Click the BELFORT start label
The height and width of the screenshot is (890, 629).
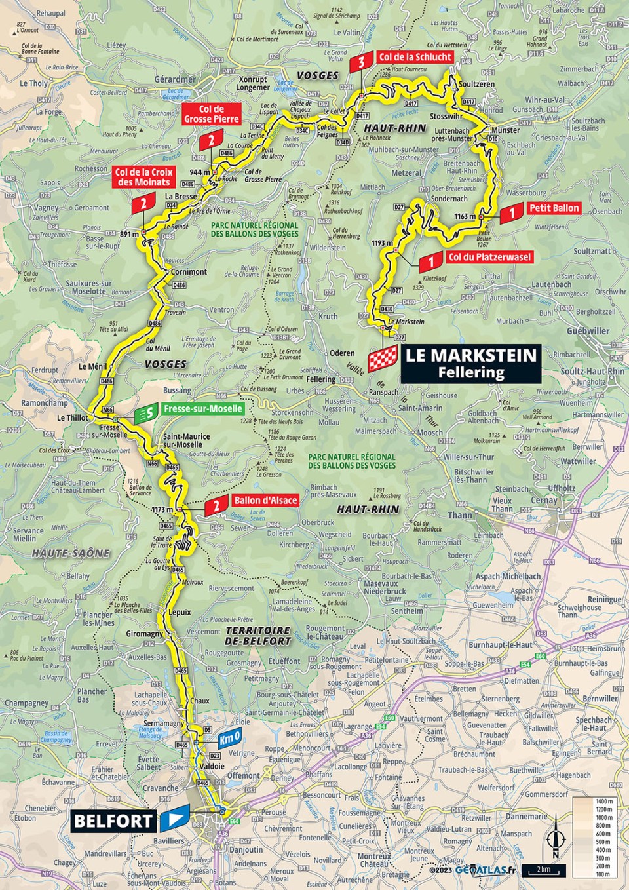(x=113, y=821)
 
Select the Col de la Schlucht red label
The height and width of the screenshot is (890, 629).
(x=415, y=57)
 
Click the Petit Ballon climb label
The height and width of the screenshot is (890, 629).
(x=554, y=208)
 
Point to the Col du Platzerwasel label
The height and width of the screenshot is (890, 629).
(x=489, y=257)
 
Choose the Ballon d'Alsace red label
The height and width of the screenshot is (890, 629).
(x=265, y=500)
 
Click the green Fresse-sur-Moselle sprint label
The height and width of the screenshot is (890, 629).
(x=202, y=409)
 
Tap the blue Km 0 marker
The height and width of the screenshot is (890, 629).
(x=230, y=739)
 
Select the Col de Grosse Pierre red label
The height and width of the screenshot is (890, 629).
(x=211, y=114)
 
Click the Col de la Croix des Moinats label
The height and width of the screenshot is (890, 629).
(x=143, y=177)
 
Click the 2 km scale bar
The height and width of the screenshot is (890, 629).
(x=543, y=870)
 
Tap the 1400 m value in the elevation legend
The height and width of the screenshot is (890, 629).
(x=604, y=802)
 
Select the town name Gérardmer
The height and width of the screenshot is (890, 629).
(x=175, y=79)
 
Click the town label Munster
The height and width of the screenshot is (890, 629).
(x=505, y=130)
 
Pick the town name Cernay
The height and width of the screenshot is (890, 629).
(x=544, y=500)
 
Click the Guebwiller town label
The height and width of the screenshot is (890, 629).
(x=588, y=331)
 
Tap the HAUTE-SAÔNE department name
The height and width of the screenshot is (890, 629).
(x=71, y=553)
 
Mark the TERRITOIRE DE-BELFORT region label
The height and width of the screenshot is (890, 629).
(x=258, y=636)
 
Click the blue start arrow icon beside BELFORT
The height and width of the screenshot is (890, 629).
(x=174, y=819)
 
